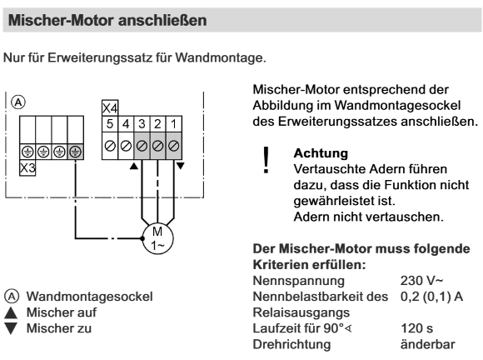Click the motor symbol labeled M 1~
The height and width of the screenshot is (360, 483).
[157, 238]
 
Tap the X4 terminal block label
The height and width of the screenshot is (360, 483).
[110, 108]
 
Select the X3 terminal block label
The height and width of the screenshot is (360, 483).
[27, 168]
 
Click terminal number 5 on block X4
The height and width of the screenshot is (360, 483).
[110, 124]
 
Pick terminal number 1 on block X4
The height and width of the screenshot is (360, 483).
[174, 124]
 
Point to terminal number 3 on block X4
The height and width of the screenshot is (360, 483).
[142, 124]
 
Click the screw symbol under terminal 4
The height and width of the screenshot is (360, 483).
[126, 146]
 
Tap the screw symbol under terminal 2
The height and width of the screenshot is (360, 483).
[157, 146]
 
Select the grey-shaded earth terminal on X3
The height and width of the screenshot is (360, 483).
[76, 152]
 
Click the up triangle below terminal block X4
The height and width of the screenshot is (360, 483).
[134, 166]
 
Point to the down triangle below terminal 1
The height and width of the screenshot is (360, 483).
[180, 166]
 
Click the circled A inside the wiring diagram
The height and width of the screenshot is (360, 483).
[18, 102]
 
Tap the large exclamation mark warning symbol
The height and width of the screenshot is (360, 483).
[266, 160]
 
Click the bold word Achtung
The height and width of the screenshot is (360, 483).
[321, 153]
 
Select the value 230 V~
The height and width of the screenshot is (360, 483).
[421, 281]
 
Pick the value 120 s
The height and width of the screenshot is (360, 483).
[416, 328]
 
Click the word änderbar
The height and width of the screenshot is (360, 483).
[427, 344]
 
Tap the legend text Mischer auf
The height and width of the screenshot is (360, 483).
[62, 312]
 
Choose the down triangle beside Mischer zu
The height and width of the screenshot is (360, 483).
[11, 328]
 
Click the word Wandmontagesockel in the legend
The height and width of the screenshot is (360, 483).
[90, 297]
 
